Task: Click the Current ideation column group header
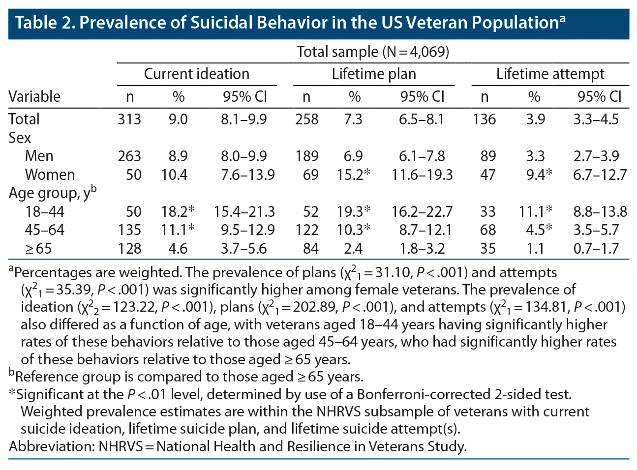click(196, 74)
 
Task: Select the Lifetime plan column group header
click(374, 74)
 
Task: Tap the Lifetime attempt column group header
click(550, 74)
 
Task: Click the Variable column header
click(34, 96)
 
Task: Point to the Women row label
click(50, 175)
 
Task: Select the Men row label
click(39, 156)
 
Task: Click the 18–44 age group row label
click(45, 212)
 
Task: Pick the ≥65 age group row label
click(38, 249)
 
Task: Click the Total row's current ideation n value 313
click(129, 119)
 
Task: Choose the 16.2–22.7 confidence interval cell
click(422, 212)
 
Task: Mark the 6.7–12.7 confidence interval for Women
click(600, 175)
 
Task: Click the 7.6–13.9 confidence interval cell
click(244, 175)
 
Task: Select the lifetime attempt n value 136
click(485, 119)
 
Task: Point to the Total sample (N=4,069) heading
click(373, 52)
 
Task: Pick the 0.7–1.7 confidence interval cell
click(596, 249)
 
